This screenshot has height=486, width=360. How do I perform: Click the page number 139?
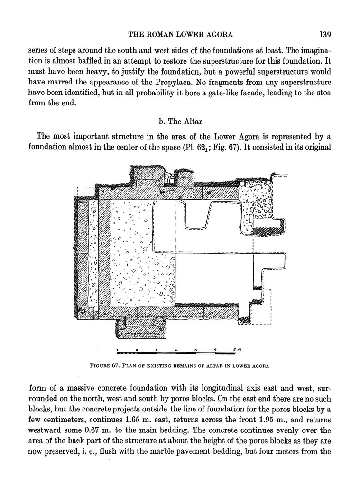point(325,34)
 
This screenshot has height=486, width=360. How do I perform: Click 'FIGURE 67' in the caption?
point(103,366)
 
